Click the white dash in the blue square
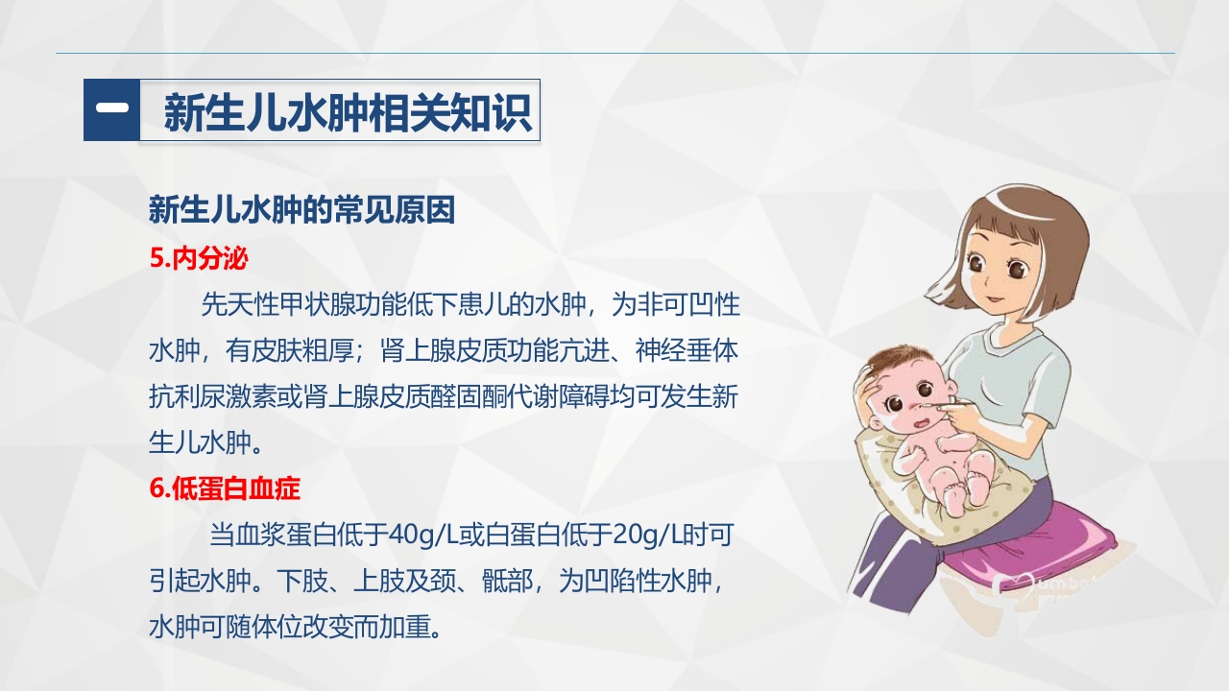point(111,110)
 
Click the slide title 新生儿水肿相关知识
point(347,113)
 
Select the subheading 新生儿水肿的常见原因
point(301,210)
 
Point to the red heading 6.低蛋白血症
point(225,488)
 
